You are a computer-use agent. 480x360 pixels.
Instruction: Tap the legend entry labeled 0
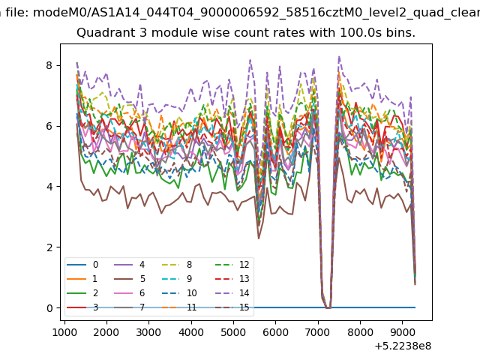(82, 265)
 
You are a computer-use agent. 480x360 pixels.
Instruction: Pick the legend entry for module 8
(177, 265)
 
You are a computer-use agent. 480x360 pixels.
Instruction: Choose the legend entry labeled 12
(232, 265)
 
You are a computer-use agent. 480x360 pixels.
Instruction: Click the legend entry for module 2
(82, 293)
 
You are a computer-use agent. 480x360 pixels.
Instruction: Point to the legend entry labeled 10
(179, 293)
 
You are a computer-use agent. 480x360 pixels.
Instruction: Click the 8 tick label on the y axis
(49, 65)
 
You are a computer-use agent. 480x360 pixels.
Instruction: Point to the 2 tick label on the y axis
(49, 247)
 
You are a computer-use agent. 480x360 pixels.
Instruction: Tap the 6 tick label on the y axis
(49, 126)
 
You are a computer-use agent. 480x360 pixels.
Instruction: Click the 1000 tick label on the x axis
(64, 332)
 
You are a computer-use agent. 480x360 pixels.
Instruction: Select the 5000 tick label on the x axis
(233, 332)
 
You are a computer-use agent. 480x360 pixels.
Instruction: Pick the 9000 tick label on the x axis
(402, 332)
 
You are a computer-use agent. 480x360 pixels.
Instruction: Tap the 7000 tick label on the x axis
(318, 332)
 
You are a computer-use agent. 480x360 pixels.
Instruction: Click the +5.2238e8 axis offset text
(403, 346)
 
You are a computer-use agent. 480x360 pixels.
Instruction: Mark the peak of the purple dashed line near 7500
(339, 56)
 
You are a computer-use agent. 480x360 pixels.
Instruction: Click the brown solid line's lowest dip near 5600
(259, 238)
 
